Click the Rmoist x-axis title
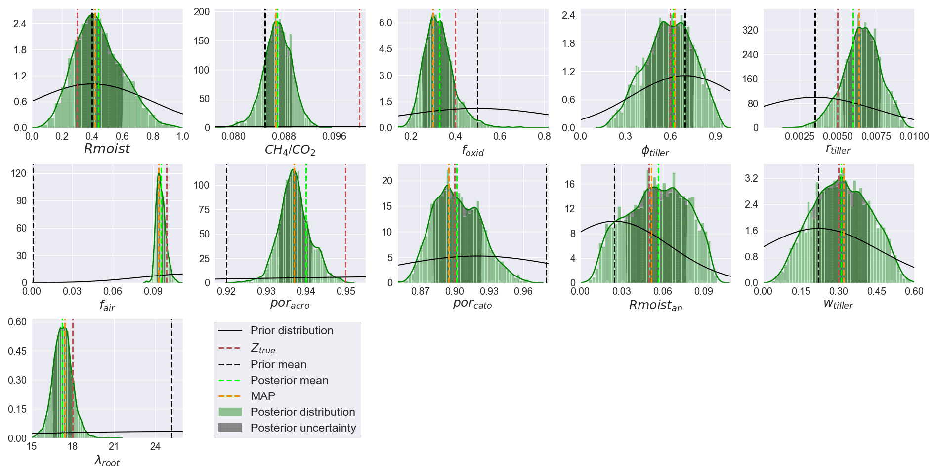107,149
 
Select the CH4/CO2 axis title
290,150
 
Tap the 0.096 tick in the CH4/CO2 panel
334,136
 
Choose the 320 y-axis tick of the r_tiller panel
750,30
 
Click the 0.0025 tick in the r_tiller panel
799,136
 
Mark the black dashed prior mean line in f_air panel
33,222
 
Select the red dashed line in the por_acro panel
345,222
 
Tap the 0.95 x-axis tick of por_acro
345,291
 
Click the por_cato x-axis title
472,304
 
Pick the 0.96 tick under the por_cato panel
523,291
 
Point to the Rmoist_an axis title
655,306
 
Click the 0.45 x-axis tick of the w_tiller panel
876,291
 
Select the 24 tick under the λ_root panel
155,446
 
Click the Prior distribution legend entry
292,331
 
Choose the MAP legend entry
263,396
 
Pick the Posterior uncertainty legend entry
303,428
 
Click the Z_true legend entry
263,349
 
